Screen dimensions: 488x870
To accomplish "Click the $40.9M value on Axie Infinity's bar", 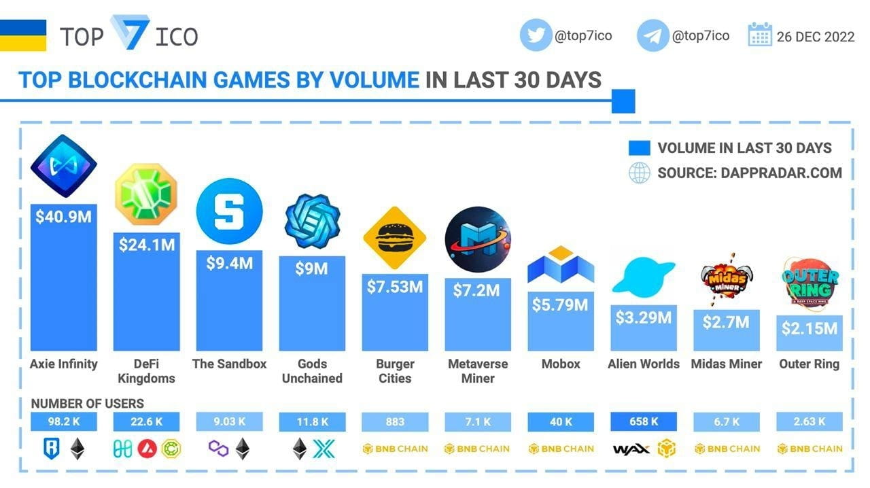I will [x=63, y=217].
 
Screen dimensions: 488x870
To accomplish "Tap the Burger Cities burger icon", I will [x=394, y=238].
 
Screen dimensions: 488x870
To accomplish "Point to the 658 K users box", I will [x=644, y=421].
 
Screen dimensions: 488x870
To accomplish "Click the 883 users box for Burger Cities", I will [x=395, y=421].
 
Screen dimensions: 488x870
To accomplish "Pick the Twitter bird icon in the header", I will [x=536, y=35].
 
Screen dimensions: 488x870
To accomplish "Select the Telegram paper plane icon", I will [x=652, y=35].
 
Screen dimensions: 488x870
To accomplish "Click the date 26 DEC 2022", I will [x=816, y=37].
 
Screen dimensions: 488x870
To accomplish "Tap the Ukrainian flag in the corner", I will [x=23, y=35].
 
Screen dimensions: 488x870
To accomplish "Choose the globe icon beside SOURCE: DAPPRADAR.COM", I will [x=639, y=173].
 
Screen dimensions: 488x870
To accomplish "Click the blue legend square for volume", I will [x=640, y=148].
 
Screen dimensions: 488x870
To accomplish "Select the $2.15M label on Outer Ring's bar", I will [x=810, y=328].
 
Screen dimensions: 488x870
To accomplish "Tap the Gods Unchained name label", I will [x=312, y=371].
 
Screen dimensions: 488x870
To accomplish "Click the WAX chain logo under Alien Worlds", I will [x=631, y=449].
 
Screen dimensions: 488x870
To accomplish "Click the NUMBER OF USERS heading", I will [x=87, y=404].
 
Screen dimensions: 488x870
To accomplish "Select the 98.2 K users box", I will [x=63, y=421].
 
